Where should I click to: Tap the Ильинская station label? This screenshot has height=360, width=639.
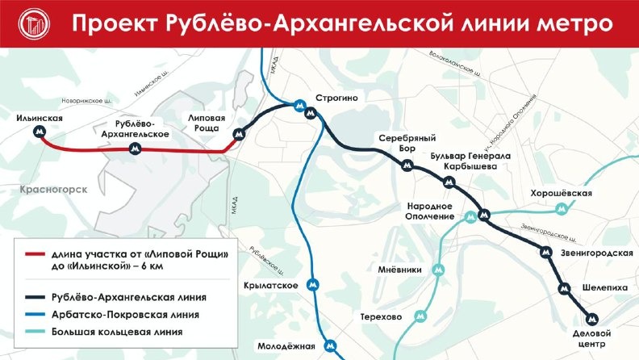pyautogui.click(x=39, y=119)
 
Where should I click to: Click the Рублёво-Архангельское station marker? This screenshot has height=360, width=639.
pyautogui.click(x=135, y=149)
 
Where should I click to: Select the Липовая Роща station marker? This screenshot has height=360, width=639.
pyautogui.click(x=237, y=134)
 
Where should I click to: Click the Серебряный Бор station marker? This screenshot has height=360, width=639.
pyautogui.click(x=407, y=165)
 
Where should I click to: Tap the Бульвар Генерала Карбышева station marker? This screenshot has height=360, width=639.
pyautogui.click(x=450, y=182)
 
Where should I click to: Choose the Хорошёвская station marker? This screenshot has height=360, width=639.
pyautogui.click(x=562, y=209)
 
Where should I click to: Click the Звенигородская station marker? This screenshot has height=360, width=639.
pyautogui.click(x=545, y=252)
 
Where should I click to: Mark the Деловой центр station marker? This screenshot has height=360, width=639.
pyautogui.click(x=593, y=319)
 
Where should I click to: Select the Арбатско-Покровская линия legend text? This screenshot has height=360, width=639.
pyautogui.click(x=123, y=314)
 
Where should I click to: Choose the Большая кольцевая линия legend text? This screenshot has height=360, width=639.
pyautogui.click(x=116, y=331)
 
